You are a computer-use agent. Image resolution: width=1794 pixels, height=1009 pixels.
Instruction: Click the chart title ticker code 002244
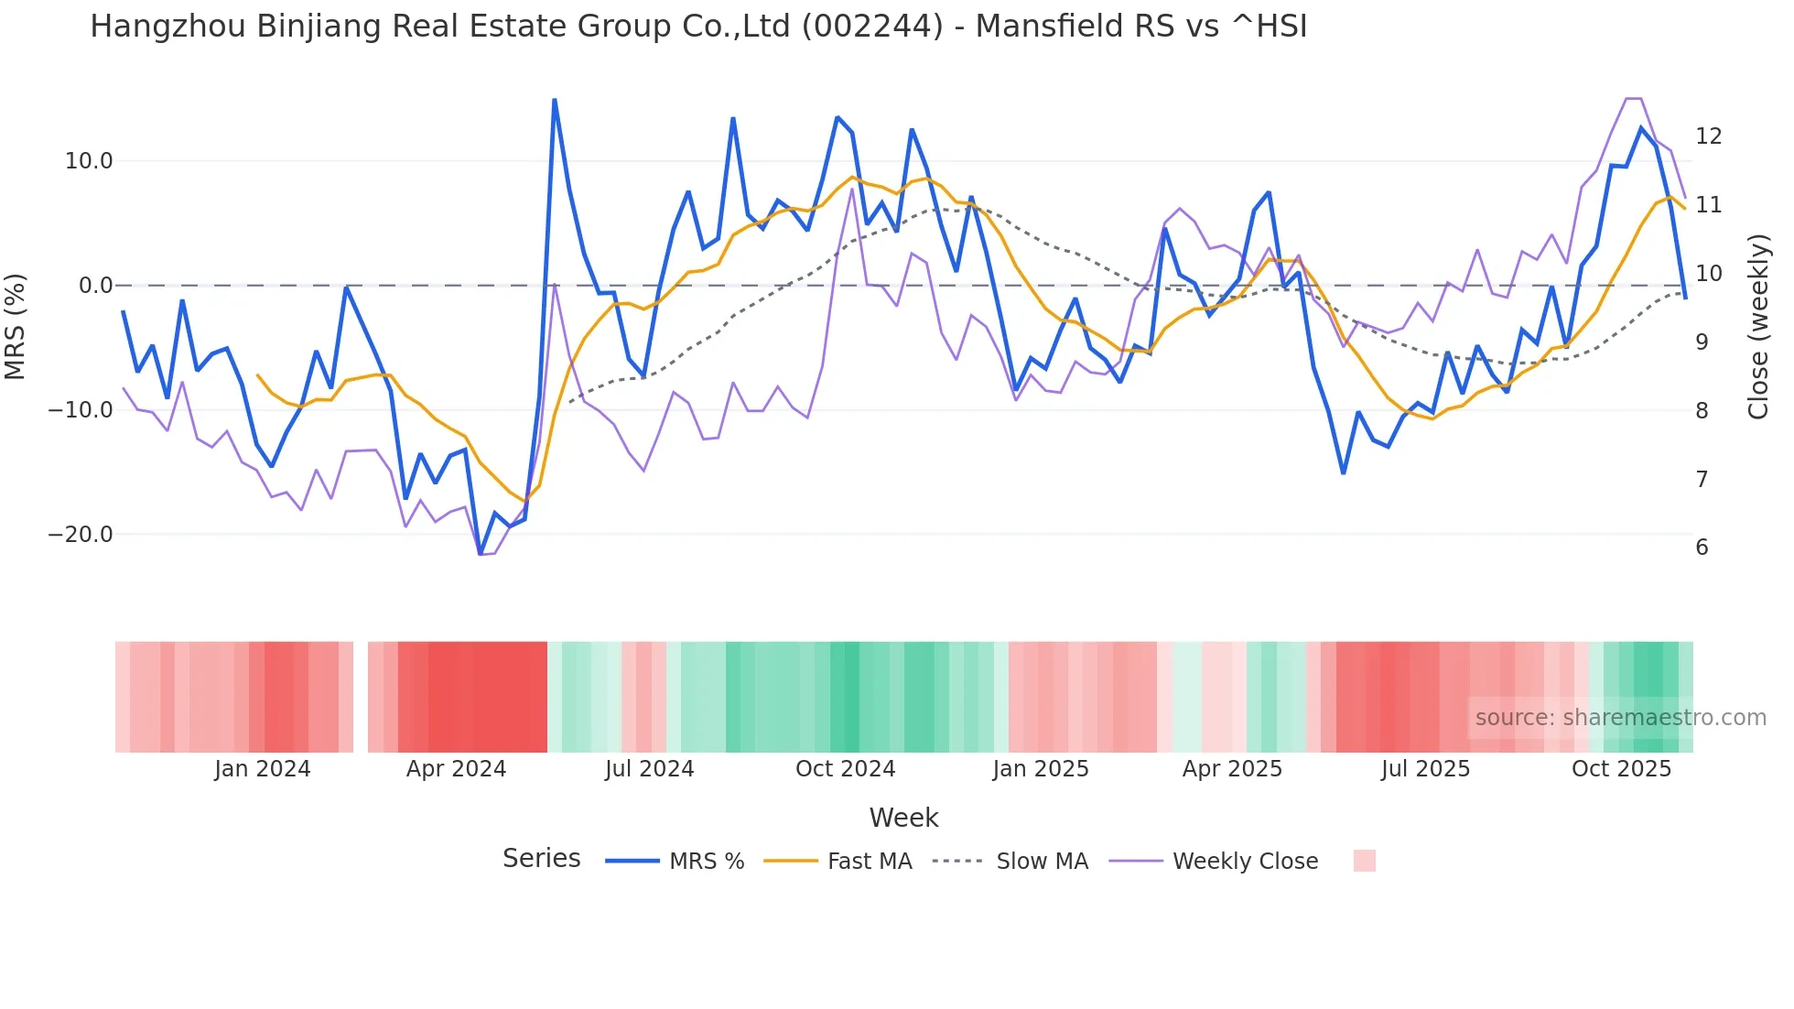click(871, 27)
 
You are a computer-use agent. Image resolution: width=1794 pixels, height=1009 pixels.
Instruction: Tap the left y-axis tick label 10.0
click(89, 161)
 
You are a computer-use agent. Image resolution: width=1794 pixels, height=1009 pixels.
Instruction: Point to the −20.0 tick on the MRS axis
click(81, 535)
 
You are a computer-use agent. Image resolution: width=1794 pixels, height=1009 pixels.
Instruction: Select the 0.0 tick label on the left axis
click(95, 286)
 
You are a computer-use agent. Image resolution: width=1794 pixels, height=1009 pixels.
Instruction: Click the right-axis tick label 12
click(1708, 136)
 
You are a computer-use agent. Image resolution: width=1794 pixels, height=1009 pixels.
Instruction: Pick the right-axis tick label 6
click(1702, 548)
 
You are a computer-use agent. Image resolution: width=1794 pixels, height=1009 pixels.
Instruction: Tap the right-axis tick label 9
click(1702, 342)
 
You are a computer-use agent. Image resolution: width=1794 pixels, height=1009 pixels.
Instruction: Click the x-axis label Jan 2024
click(263, 769)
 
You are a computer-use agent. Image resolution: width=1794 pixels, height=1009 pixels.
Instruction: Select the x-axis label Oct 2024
click(845, 769)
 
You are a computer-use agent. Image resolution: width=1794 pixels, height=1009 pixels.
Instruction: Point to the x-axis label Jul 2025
click(1425, 769)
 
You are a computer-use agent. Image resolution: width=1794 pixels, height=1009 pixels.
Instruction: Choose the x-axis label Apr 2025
click(1232, 769)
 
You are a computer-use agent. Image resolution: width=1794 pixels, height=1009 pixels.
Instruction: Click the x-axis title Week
click(903, 818)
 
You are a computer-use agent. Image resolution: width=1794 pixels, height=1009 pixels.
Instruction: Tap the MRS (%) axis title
click(16, 326)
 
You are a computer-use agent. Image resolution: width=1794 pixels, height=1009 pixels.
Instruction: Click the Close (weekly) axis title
click(1757, 327)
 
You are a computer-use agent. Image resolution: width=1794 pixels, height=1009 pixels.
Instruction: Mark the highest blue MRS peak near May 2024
click(555, 100)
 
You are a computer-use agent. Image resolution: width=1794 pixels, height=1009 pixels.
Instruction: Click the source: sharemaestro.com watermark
click(1620, 718)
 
